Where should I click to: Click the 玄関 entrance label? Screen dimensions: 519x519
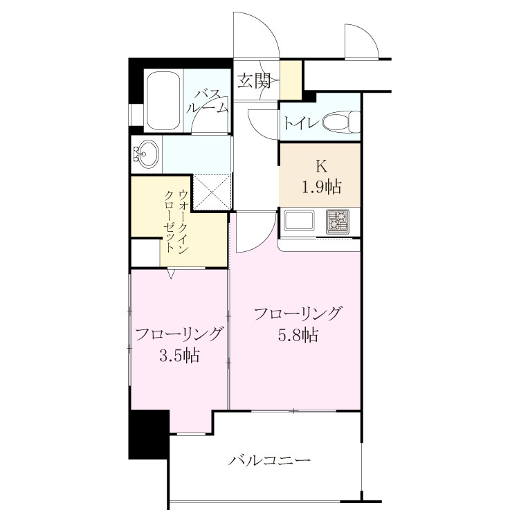pos(254,81)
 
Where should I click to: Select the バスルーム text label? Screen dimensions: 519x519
pos(208,102)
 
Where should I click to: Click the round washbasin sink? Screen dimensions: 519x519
pos(148,154)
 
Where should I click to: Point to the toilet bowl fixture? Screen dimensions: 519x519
pos(341,122)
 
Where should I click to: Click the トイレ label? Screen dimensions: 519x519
pos(301,123)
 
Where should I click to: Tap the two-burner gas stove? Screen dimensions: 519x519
pos(338,221)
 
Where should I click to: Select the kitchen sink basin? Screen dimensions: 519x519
pos(300,221)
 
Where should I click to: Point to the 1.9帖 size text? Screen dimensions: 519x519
pos(321,187)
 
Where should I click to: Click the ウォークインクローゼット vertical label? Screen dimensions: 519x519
pos(176,221)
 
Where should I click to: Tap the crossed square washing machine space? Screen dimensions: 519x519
pos(212,192)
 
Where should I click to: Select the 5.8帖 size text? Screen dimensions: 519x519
pos(298,336)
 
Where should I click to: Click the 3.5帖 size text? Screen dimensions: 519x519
pos(179,356)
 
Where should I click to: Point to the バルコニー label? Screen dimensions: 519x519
pos(269,460)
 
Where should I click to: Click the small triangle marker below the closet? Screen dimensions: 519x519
pos(171,273)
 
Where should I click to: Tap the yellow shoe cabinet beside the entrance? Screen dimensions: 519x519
pos(291,80)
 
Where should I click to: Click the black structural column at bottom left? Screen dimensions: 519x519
pos(149,435)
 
